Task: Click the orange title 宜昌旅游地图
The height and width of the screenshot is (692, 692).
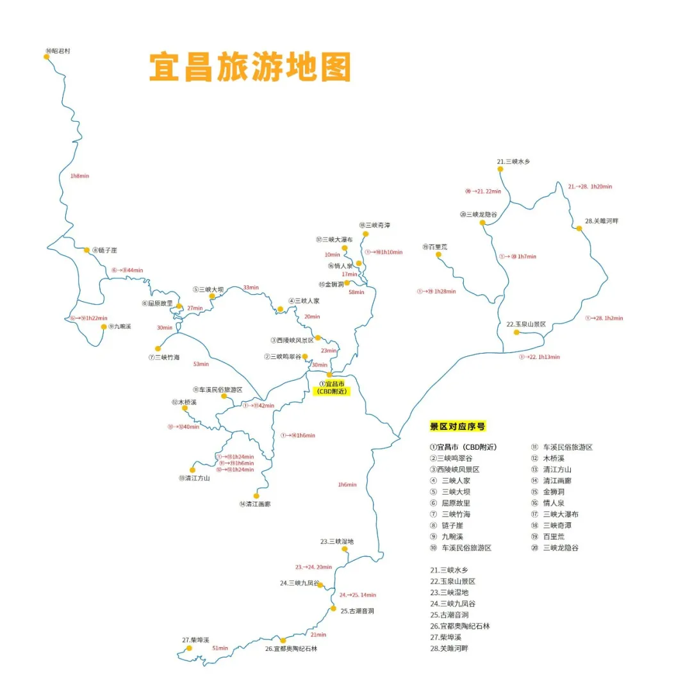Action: coord(250,67)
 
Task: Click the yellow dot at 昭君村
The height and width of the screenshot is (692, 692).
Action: coord(47,56)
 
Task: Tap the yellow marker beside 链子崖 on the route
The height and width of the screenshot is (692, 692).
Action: coord(87,250)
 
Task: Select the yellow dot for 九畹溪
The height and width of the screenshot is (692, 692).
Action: coord(103,327)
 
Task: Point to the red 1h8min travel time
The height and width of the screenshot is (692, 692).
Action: coord(79,176)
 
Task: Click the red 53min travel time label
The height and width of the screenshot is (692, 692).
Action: coord(201,364)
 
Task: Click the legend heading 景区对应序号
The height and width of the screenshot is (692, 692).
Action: coord(457,426)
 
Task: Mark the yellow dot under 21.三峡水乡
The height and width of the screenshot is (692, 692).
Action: coord(500,170)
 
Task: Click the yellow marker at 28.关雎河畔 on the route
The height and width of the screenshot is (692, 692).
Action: coord(579,228)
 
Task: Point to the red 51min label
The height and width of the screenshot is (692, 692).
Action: coord(220,648)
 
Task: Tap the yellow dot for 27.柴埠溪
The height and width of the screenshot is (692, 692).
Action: coord(189,648)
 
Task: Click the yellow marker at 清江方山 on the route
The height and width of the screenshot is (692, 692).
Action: coord(192,470)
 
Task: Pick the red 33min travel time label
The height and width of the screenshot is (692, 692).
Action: coord(251,287)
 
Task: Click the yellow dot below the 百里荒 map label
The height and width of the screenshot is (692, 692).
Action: coord(438,254)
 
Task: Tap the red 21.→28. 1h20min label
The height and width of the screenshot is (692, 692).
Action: coord(589,186)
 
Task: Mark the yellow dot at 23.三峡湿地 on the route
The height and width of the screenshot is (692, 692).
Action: coord(346,549)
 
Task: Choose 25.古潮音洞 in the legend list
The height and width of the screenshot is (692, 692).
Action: coord(456,614)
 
